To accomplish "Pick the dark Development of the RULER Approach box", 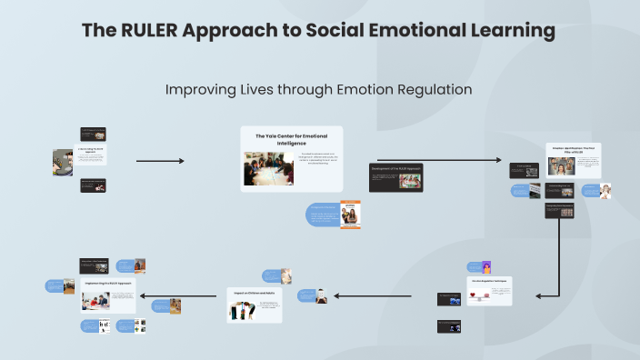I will pos(395,177).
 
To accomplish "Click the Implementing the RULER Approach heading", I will pos(108,284).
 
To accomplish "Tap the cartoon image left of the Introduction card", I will pos(63,162).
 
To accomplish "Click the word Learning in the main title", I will pos(508,30).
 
